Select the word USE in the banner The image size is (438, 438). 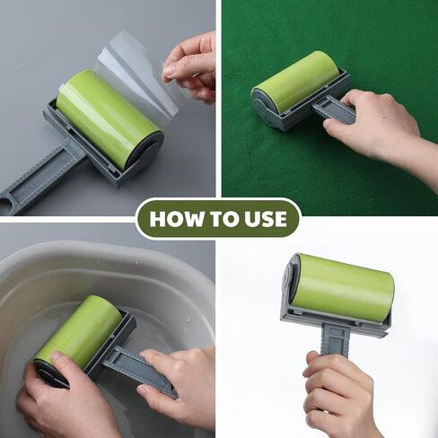pos(266,219)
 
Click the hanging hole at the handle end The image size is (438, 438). pos(5,206)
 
